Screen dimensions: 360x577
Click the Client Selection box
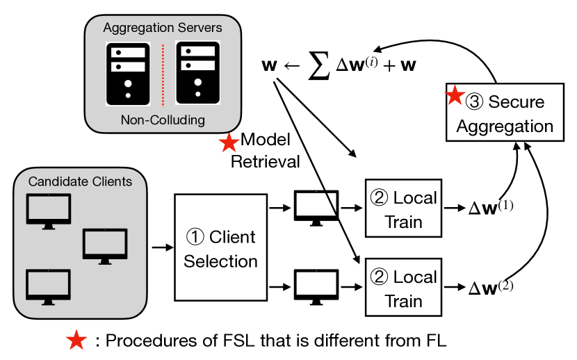tap(220, 247)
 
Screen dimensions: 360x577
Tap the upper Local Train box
tap(403, 208)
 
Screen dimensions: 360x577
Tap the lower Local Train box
tap(403, 288)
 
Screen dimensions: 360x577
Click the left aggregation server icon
tap(127, 73)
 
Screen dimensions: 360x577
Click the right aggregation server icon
tap(198, 73)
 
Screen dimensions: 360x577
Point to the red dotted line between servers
tap(163, 73)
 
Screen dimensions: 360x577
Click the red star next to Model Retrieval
tap(229, 143)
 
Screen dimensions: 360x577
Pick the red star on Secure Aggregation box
tap(455, 95)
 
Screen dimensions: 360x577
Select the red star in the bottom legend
tap(76, 341)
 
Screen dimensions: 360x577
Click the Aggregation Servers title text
tap(163, 28)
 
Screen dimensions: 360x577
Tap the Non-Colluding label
tap(163, 120)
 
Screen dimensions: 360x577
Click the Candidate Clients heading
tap(81, 182)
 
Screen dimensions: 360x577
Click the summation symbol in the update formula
tap(318, 67)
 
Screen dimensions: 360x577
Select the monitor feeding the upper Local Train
tap(316, 207)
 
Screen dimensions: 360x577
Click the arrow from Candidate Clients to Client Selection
tap(161, 247)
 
